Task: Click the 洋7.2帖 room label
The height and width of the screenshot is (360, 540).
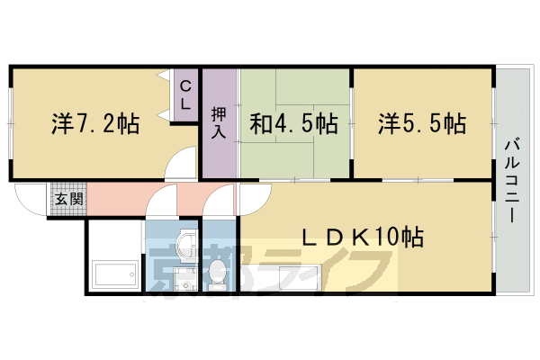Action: pos(95,124)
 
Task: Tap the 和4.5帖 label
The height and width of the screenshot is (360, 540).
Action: pos(293,123)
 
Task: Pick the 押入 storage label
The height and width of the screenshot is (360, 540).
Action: pos(219,123)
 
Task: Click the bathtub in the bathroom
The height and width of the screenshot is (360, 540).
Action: pos(114,271)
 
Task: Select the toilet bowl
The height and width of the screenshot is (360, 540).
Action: pos(219,271)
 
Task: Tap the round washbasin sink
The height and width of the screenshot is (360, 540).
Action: pos(186,244)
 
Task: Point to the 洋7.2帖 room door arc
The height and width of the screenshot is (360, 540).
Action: pos(180,166)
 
